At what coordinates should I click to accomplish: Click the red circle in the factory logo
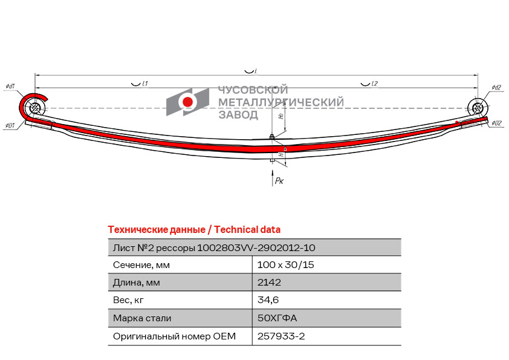pos(187,102)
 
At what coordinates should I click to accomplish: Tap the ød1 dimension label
pos(10,87)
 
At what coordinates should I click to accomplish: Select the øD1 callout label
pos(10,125)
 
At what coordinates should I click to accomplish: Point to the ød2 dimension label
pos(496,87)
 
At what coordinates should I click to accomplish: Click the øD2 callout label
pos(496,123)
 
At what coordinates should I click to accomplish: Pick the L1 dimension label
pos(145,83)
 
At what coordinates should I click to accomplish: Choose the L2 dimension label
pos(374,83)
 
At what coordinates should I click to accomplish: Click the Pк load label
pos(279,181)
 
